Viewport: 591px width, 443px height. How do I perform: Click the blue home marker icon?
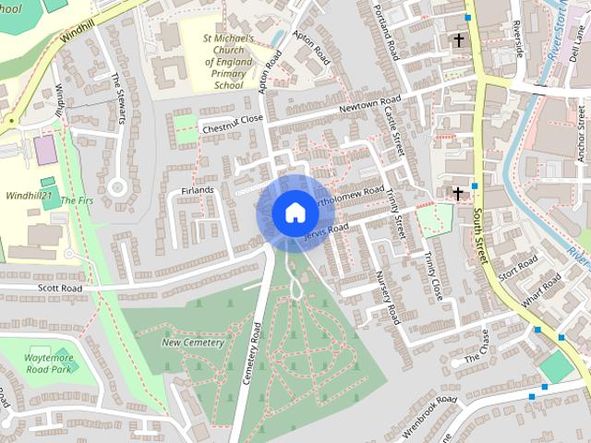coord(295,212)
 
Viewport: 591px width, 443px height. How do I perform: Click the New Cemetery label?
coord(193,342)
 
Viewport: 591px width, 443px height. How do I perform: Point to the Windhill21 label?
coord(28,196)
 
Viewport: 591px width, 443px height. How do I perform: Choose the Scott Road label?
coord(60,289)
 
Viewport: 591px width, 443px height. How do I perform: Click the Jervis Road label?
coord(326,234)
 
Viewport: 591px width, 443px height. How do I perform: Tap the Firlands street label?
coord(198,190)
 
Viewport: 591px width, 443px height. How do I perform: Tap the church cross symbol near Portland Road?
coord(459,41)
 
